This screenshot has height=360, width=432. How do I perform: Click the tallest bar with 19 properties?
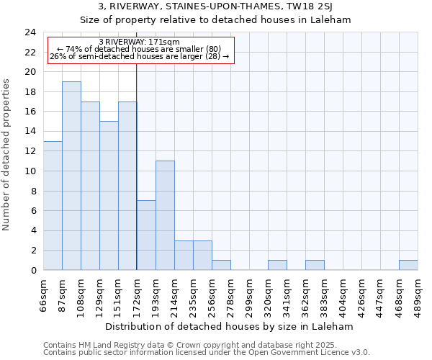[71, 176]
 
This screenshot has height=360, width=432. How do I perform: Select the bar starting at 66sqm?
[53, 205]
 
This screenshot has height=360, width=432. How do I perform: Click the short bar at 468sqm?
[408, 265]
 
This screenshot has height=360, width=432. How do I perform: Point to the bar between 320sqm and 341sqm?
[277, 265]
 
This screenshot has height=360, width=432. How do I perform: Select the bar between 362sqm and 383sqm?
[315, 265]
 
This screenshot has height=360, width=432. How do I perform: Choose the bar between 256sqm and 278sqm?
[221, 265]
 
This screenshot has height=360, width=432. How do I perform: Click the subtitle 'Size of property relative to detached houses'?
[215, 20]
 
